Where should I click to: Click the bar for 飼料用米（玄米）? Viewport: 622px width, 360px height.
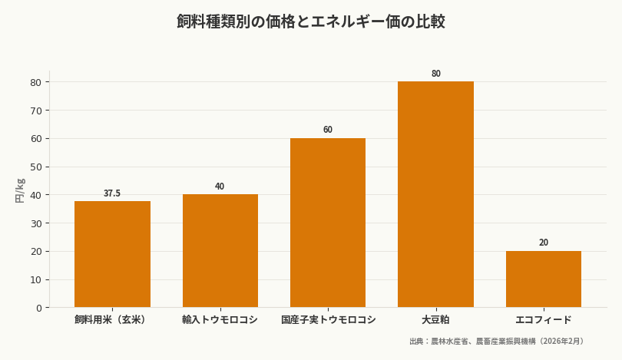[x=112, y=254]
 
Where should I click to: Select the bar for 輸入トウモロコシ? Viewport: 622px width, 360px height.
[x=220, y=251]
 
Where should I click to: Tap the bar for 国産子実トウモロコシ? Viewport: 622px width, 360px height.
[x=328, y=223]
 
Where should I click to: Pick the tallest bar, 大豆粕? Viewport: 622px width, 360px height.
[x=435, y=194]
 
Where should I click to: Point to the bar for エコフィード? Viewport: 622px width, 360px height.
[x=544, y=279]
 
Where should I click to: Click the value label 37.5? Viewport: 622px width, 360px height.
[x=112, y=193]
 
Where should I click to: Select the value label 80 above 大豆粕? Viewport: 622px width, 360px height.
[x=435, y=74]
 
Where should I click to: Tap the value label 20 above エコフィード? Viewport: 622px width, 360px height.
[x=544, y=243]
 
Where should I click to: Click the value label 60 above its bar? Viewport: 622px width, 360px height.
[x=328, y=130]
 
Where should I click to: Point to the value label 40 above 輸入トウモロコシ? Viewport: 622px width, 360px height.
[x=220, y=187]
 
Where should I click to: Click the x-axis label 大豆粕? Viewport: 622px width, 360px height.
[x=435, y=319]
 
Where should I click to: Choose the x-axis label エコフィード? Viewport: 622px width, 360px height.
[x=544, y=319]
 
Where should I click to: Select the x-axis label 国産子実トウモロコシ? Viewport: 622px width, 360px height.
[x=328, y=319]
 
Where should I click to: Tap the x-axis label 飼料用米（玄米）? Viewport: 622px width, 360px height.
[x=112, y=319]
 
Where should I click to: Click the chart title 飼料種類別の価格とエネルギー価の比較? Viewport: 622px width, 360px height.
[x=311, y=21]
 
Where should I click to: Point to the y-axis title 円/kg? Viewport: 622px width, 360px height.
[x=20, y=190]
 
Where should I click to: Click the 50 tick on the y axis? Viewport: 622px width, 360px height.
[x=36, y=167]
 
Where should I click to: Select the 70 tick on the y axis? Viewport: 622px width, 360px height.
[x=36, y=111]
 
